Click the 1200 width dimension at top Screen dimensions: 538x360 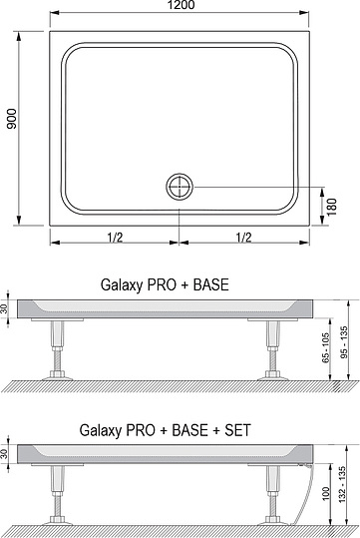point(180,6)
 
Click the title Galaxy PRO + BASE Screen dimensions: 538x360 point(165,284)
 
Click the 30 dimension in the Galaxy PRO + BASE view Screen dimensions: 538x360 point(6,307)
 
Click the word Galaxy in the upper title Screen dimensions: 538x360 point(122,284)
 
